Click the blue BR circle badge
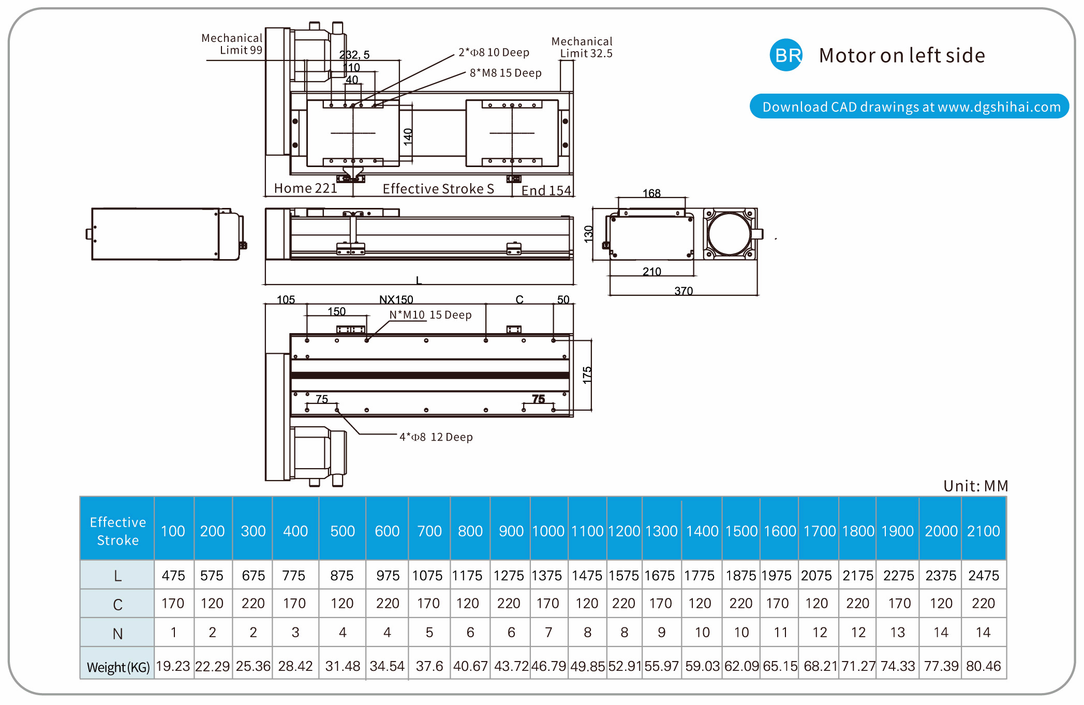786,55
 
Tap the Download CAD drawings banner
909,107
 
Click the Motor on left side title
901,55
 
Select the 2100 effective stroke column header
983,531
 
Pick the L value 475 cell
173,575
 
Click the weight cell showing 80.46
983,666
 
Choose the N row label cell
117,633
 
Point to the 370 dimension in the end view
683,291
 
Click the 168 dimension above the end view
651,193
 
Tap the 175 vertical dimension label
587,375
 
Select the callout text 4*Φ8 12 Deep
436,437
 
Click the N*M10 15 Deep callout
430,315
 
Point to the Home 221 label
305,188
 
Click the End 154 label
546,190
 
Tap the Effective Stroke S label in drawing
438,189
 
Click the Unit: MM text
975,486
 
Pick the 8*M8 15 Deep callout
505,73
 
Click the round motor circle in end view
729,234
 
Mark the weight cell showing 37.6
429,666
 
